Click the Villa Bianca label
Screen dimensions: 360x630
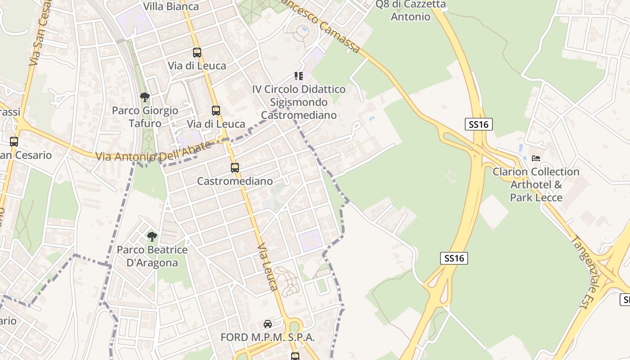[171, 6]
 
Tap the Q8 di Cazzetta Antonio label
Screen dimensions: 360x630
[410, 11]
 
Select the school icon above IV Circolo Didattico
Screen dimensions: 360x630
[299, 76]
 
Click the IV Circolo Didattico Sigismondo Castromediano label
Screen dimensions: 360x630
[299, 102]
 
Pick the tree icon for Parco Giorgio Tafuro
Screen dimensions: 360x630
[144, 97]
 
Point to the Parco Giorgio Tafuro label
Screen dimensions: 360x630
[145, 117]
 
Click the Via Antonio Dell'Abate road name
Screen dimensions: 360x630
[153, 151]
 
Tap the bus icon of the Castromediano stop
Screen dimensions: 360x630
[235, 168]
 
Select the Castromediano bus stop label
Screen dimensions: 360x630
[235, 181]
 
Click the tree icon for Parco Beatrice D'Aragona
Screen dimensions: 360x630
[152, 236]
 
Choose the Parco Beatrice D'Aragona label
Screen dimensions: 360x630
[152, 256]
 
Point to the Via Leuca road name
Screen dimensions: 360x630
[268, 267]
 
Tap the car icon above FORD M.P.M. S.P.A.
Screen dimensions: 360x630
[268, 324]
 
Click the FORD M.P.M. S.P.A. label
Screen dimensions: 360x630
[267, 337]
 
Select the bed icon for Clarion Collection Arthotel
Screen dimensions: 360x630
[536, 158]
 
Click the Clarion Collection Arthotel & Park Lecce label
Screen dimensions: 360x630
[536, 184]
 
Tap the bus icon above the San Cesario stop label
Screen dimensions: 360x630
[14, 142]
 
